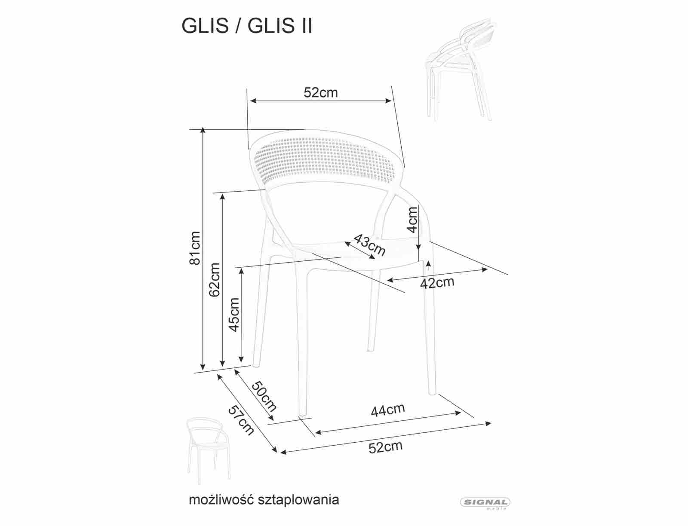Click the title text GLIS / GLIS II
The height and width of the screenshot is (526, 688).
247,25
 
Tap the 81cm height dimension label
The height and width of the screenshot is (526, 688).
195,248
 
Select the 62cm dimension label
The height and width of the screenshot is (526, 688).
215,280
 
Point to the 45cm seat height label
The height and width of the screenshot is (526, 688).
234,315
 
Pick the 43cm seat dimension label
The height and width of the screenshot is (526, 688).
369,245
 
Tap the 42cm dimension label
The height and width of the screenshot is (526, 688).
437,283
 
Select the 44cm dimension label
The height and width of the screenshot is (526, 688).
388,410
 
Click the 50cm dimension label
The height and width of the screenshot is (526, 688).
264,396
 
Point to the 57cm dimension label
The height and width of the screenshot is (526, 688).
241,420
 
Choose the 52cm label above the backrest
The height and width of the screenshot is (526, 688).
321,92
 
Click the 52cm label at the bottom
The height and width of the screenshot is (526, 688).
386,447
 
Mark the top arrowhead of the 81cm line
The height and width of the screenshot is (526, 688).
203,130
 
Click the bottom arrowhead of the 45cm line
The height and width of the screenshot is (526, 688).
241,359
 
